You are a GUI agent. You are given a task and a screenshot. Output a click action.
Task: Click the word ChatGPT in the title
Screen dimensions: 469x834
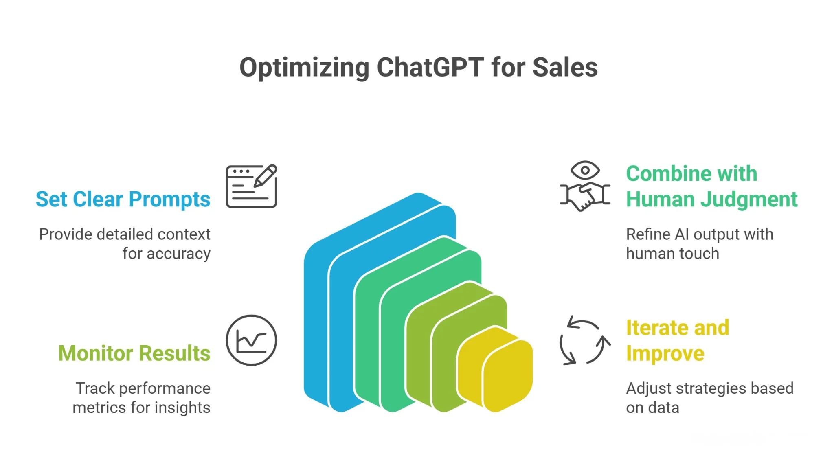430,67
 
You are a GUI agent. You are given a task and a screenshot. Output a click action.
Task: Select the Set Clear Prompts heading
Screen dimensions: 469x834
123,199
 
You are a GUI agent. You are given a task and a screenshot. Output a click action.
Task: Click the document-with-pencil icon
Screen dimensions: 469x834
251,186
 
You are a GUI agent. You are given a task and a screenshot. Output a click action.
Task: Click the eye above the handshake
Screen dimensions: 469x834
585,170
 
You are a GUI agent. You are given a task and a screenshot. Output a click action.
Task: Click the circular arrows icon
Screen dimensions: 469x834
585,340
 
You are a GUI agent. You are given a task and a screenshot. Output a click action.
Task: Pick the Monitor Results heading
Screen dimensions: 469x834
134,353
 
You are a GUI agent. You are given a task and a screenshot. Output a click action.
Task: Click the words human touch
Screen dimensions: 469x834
672,254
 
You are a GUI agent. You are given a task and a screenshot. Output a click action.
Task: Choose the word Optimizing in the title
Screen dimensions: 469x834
304,67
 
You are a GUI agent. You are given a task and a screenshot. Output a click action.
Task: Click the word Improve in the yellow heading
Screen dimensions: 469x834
665,353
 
